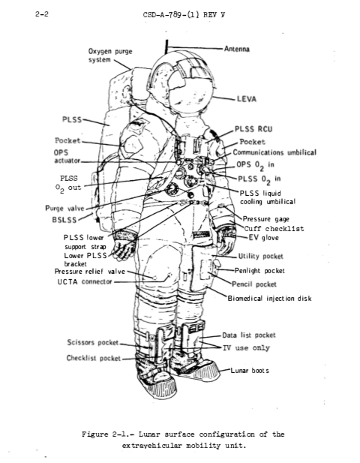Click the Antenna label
pos(237,49)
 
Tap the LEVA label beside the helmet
pos(247,99)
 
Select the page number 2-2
pos(41,14)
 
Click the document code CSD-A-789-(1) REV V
pos(184,14)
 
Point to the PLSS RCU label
pos(253,129)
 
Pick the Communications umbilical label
pos(274,152)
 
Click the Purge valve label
pos(64,208)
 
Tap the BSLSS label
pos(64,220)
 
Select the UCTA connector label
pos(85,281)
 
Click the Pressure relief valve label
pos(90,272)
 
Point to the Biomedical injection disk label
pos(269,298)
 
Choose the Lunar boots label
pos(250,370)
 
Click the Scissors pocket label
pos(93,342)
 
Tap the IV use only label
pos(246,348)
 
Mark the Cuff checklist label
pos(274,228)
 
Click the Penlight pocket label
pos(259,270)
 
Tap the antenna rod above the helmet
pos(166,47)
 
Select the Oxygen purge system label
pos(110,56)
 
